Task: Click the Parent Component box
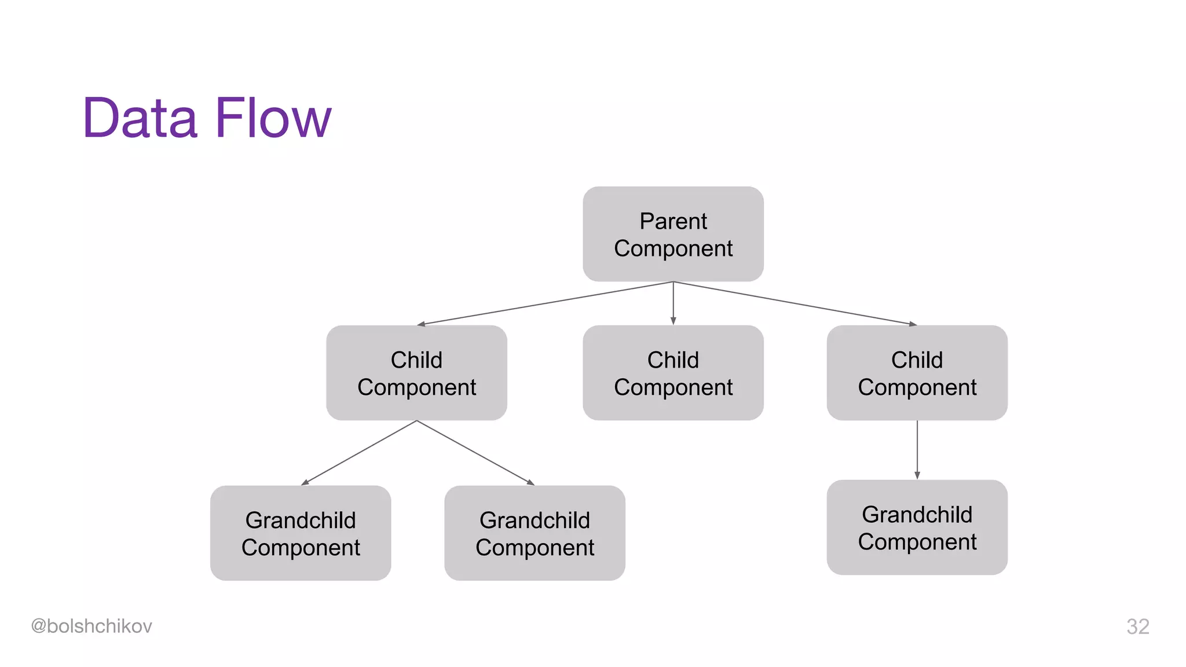tap(673, 234)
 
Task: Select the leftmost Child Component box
tap(416, 373)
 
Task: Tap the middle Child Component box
tap(673, 373)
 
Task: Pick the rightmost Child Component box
tap(917, 373)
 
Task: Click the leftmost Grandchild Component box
tap(301, 533)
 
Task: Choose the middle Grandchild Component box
tap(535, 533)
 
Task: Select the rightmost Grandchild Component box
tap(917, 527)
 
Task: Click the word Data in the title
tap(140, 118)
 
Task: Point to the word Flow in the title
tap(273, 118)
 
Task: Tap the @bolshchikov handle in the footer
tap(91, 626)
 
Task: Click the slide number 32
tap(1137, 626)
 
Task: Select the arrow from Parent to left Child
tap(544, 303)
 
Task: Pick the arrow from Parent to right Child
tap(795, 303)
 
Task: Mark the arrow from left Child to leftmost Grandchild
tap(358, 453)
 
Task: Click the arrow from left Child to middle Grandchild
tap(475, 453)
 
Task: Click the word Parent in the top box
tap(673, 221)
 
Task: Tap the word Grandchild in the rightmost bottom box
tap(917, 515)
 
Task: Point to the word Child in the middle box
tap(673, 360)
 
